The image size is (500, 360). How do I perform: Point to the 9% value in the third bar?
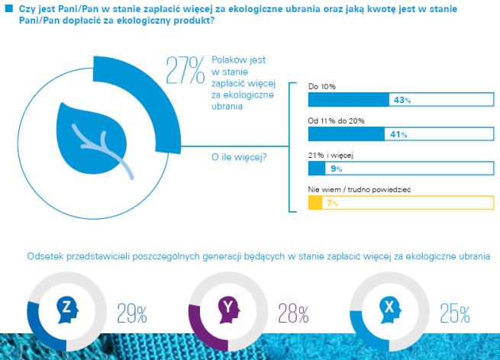pos(337,169)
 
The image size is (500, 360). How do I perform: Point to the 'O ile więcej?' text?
pos(237,157)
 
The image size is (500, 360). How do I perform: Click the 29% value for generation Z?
pos(132,313)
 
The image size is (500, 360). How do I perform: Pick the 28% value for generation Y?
pos(292,313)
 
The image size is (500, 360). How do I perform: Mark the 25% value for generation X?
pos(454,313)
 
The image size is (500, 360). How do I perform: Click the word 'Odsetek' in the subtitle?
pos(46,257)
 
